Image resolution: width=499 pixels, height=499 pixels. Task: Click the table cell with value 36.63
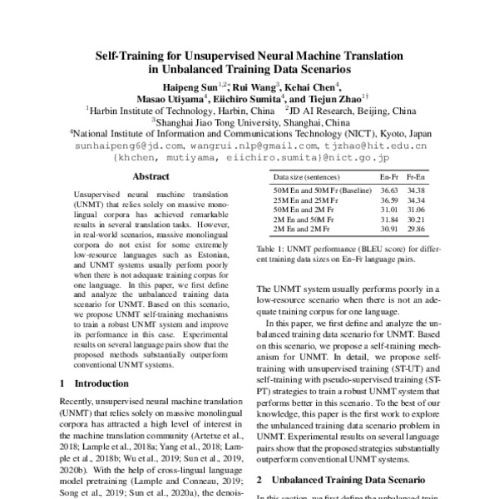(389, 190)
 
